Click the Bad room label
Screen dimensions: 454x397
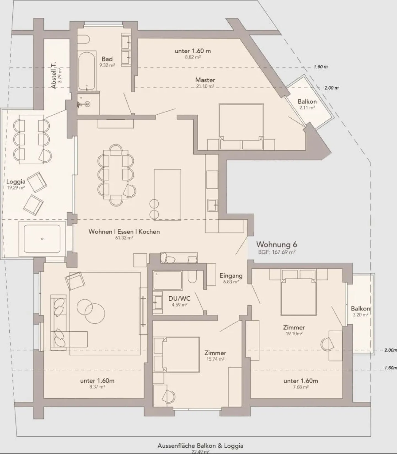point(107,59)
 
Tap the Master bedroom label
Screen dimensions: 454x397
point(205,80)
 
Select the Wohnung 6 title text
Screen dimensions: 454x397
point(277,245)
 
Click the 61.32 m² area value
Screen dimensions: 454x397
point(124,238)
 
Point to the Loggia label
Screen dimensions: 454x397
point(16,181)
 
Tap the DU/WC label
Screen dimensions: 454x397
point(179,299)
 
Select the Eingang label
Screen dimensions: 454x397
point(231,275)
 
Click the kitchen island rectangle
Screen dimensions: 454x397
point(167,195)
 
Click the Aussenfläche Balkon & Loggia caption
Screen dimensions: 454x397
point(200,446)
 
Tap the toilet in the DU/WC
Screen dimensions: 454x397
point(192,277)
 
